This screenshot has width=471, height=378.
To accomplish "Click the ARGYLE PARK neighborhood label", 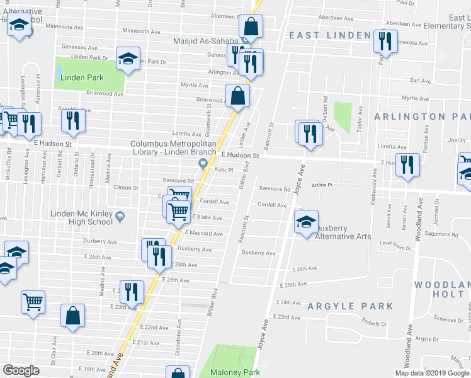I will [350, 306].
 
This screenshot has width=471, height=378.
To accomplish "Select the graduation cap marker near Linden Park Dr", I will [128, 60].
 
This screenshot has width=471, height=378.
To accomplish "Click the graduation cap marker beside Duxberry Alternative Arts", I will [306, 222].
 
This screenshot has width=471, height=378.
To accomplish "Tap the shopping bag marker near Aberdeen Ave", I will [250, 27].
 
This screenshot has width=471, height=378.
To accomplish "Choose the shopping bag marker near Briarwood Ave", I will [238, 96].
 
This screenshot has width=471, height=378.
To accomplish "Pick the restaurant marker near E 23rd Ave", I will [131, 292].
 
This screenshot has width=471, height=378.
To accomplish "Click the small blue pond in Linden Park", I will [59, 75].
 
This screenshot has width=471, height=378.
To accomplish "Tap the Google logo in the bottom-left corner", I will [21, 371].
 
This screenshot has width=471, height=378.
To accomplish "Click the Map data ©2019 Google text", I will [431, 373].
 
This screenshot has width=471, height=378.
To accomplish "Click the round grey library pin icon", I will [203, 164].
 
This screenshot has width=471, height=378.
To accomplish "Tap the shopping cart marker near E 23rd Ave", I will [33, 301].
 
